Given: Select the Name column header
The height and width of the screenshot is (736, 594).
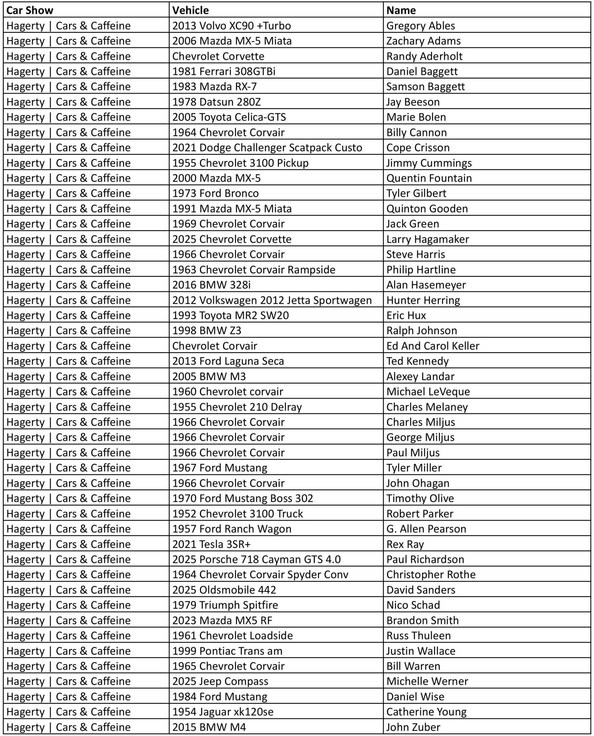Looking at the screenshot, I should point(401,10).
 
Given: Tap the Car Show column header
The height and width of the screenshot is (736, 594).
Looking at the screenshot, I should point(30,10).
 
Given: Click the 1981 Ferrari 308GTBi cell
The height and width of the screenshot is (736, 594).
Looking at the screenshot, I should point(223,71).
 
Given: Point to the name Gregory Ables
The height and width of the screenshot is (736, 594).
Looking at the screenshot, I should point(421,26).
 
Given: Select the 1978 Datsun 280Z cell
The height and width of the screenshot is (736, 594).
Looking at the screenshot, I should point(216,102).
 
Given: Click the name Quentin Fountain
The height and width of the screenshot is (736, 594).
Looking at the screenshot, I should point(429,178).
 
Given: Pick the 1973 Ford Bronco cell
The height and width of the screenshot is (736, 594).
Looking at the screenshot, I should point(215,193).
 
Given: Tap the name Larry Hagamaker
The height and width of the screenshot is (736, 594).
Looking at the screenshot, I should point(428,239).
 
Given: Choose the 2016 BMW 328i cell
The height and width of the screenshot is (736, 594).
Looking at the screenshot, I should point(211,285).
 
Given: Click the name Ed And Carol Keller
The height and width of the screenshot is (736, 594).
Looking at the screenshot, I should point(433,346).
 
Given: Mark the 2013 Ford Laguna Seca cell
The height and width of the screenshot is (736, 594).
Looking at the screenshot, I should point(228,361).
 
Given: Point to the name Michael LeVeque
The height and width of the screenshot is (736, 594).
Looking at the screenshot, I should point(428,392).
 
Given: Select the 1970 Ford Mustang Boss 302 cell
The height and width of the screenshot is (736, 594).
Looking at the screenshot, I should point(243,498).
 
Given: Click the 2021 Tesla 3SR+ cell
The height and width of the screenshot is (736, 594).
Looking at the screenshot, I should point(211,544).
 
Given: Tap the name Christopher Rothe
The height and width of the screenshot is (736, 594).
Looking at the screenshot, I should point(431,574).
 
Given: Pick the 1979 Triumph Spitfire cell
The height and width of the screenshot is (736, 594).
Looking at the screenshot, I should point(225,605).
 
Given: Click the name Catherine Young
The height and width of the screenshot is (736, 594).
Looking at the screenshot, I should point(426,712).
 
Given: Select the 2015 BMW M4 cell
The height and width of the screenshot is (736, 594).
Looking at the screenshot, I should point(209,727).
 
